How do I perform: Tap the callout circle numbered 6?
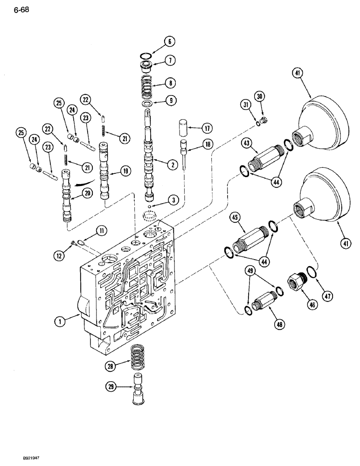(169, 42)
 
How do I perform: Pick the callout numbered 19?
(125, 171)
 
